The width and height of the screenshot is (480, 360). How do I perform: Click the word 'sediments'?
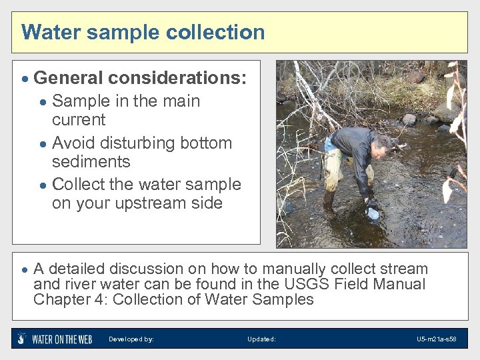click(x=91, y=162)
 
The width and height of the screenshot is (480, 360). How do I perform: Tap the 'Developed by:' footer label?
click(x=131, y=339)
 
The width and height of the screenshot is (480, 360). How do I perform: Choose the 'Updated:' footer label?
click(x=261, y=339)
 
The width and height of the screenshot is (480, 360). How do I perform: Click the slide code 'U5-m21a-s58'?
click(x=436, y=339)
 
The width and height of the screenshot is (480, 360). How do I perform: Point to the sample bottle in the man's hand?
click(x=373, y=213)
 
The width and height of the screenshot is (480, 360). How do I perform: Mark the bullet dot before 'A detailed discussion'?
click(x=24, y=270)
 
